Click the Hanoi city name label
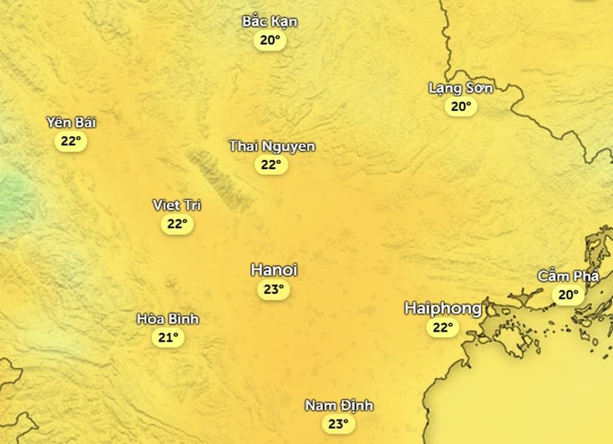tap(274, 270)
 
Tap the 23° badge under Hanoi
tap(274, 289)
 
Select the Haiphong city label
tap(443, 308)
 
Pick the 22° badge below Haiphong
tap(443, 328)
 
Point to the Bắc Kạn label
tap(270, 21)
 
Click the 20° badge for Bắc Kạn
tap(270, 40)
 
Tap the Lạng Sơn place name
tap(460, 87)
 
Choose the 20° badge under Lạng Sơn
tap(460, 106)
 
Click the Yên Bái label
tap(72, 123)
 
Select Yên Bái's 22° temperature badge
tap(71, 142)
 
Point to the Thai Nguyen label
tap(272, 146)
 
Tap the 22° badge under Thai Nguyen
tap(271, 164)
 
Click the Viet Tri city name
tap(177, 205)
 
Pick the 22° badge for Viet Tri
tap(177, 223)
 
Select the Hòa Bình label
tap(168, 319)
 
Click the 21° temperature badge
tap(168, 337)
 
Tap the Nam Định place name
tap(339, 405)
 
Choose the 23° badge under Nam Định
tap(339, 424)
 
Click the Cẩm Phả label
tap(568, 276)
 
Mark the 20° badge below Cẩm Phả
tap(568, 295)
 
